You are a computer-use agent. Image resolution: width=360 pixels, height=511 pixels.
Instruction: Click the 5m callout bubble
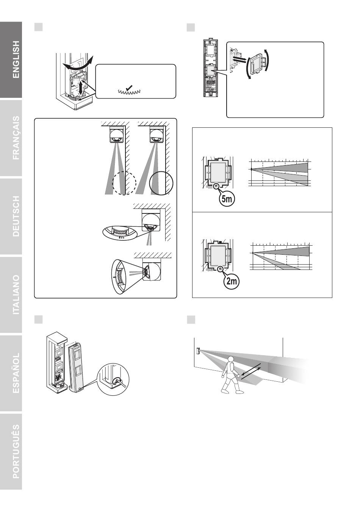227,199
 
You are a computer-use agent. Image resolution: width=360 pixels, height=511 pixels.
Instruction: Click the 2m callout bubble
232,281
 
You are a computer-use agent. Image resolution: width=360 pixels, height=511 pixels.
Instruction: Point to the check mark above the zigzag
129,87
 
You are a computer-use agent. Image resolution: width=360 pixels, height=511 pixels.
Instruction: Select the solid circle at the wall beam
161,183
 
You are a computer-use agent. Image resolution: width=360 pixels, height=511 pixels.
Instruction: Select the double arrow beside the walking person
250,373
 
